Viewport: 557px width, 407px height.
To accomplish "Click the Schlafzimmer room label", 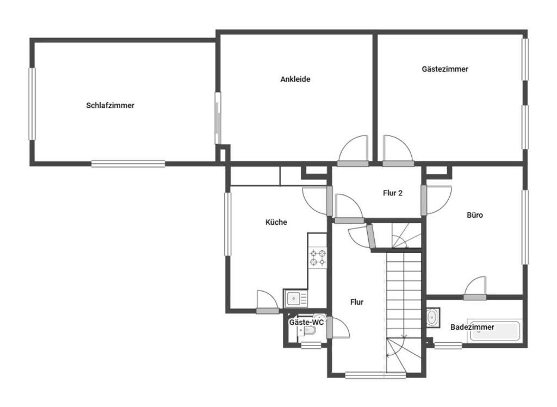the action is pos(110,105).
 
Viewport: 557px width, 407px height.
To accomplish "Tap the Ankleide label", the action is pos(295,79).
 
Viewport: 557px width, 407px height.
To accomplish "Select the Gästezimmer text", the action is pos(445,69).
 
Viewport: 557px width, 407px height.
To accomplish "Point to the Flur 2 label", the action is pos(393,193).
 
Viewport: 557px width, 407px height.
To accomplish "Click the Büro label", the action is pos(474,215).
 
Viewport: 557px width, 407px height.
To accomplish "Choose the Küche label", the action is pos(276,222).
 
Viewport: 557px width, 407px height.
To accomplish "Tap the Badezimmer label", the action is pos(472,327).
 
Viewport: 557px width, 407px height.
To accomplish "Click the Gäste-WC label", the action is pos(306,323).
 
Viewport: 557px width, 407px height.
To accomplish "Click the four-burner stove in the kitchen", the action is pos(318,258).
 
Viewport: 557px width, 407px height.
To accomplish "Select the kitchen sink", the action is pos(295,299).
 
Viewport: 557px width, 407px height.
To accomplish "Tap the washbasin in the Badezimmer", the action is pos(432,317).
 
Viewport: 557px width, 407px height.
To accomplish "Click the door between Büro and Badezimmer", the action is pos(475,288).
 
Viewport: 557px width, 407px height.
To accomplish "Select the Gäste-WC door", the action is pos(337,328).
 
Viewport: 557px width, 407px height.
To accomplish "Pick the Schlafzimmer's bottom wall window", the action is pos(128,164).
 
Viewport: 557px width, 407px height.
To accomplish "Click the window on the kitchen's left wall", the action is pos(228,224).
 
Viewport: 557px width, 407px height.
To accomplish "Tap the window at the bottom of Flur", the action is pos(375,375).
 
